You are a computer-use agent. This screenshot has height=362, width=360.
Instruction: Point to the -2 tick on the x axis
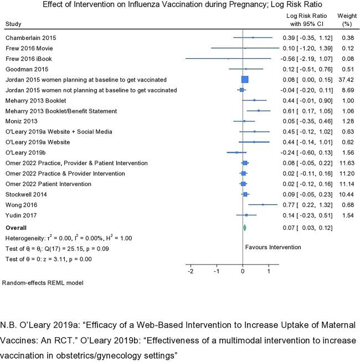coord(191,272)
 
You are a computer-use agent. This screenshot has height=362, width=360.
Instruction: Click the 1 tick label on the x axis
coord(269,272)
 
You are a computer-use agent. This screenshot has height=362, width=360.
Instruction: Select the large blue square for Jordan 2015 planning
coord(245,79)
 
